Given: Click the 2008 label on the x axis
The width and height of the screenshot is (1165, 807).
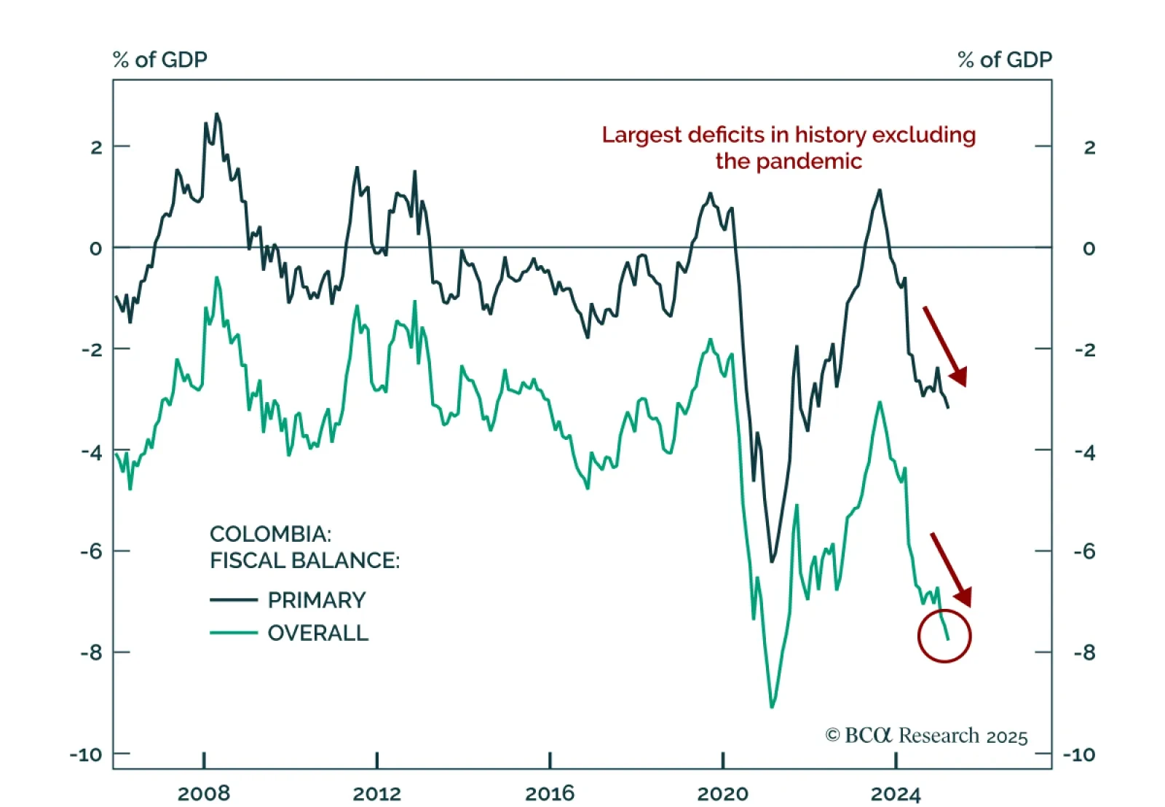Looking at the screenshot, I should pyautogui.click(x=203, y=793).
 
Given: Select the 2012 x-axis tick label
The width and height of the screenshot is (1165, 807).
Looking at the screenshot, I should pyautogui.click(x=376, y=793).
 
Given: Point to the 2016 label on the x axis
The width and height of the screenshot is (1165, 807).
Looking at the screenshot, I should pyautogui.click(x=550, y=793).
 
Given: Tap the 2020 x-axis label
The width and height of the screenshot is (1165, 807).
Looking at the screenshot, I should pyautogui.click(x=722, y=793).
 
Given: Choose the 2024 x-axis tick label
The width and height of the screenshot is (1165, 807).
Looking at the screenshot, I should pyautogui.click(x=896, y=793).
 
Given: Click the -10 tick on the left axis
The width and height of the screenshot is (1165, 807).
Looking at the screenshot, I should pyautogui.click(x=86, y=755).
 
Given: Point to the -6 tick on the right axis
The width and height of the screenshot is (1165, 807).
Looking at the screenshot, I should pyautogui.click(x=1084, y=551).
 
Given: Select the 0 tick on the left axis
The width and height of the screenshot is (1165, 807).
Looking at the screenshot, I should pyautogui.click(x=95, y=248).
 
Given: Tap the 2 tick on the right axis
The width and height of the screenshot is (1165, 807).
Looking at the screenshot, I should pyautogui.click(x=1089, y=147).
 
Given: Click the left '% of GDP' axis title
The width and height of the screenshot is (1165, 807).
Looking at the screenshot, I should pyautogui.click(x=160, y=60).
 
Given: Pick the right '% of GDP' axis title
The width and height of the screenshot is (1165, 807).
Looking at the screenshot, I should pyautogui.click(x=1005, y=60).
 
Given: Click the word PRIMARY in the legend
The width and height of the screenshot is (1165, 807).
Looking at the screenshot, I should pyautogui.click(x=316, y=600).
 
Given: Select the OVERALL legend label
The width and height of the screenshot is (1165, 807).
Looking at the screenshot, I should pyautogui.click(x=317, y=633).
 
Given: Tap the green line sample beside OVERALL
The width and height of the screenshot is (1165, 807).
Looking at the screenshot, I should pyautogui.click(x=234, y=633).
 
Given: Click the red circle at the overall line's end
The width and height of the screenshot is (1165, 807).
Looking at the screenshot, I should pyautogui.click(x=944, y=636).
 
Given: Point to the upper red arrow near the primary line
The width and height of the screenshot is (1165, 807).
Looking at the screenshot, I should pyautogui.click(x=946, y=347).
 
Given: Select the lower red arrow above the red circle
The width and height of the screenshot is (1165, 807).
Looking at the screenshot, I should pyautogui.click(x=951, y=570).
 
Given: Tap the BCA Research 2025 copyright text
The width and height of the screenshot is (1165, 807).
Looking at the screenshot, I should pyautogui.click(x=926, y=736).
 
